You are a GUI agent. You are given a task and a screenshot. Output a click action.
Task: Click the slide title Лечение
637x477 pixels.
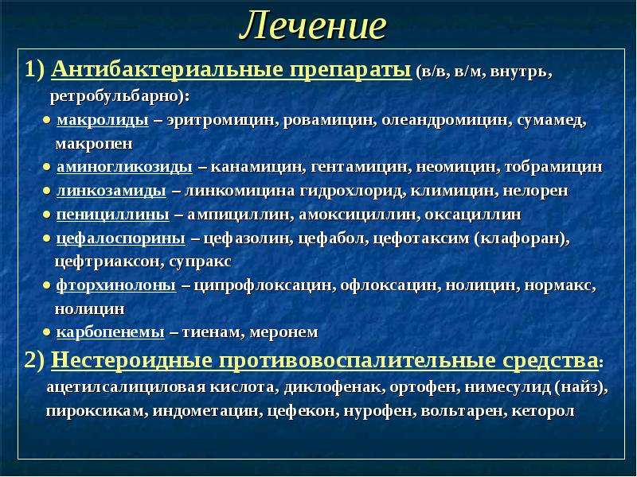pyautogui.click(x=313, y=25)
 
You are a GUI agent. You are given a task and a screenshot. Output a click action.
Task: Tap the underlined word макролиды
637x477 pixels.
pyautogui.click(x=103, y=121)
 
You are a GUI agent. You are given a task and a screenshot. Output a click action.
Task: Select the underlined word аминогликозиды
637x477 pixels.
pyautogui.click(x=125, y=168)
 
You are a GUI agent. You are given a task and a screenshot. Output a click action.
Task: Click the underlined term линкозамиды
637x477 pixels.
pyautogui.click(x=111, y=191)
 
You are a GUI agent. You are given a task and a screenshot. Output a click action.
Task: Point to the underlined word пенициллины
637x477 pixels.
pyautogui.click(x=113, y=215)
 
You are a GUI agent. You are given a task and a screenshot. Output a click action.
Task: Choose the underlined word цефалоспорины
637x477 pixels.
pyautogui.click(x=121, y=238)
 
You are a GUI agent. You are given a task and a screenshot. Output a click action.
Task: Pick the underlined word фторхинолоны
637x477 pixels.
pyautogui.click(x=116, y=285)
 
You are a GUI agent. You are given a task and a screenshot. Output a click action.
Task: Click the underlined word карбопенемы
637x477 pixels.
pyautogui.click(x=111, y=332)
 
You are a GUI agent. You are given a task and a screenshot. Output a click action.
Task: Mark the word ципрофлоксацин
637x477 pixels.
pyautogui.click(x=263, y=285)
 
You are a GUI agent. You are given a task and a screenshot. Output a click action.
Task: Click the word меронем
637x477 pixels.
pyautogui.click(x=283, y=332)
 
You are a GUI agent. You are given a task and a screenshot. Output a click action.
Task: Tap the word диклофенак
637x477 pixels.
pyautogui.click(x=334, y=387)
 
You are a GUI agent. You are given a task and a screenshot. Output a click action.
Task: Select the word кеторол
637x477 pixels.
pyautogui.click(x=543, y=411)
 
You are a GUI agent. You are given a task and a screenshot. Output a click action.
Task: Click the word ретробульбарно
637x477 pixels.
pyautogui.click(x=116, y=97)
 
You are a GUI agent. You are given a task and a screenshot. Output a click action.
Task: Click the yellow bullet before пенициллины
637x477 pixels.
pyautogui.click(x=47, y=215)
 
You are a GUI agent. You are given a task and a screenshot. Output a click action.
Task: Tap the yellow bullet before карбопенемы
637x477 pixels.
pyautogui.click(x=47, y=332)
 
